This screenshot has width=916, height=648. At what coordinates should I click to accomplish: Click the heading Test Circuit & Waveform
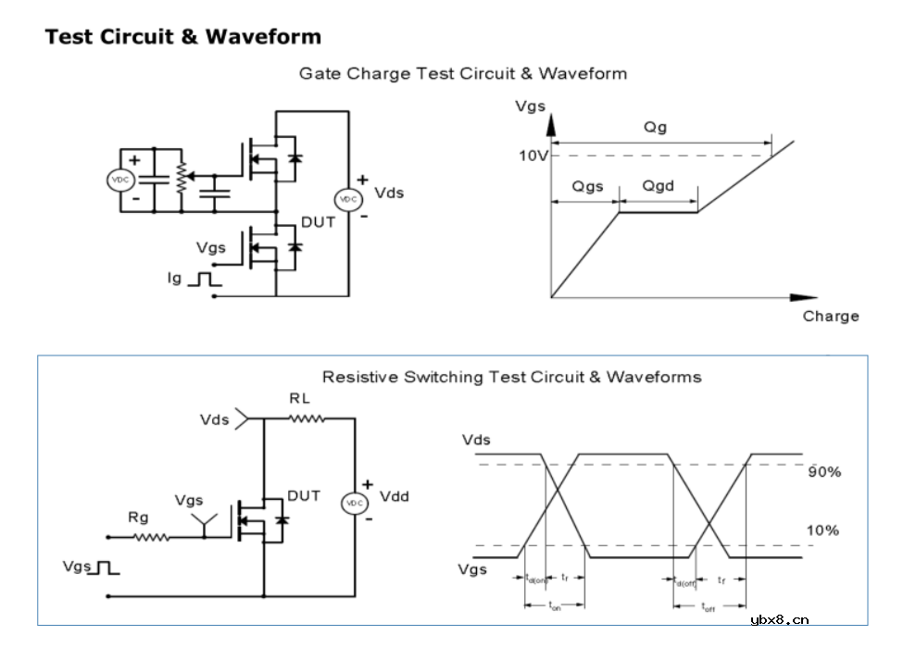tap(183, 37)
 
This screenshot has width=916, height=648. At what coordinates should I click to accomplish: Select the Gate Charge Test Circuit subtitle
tap(462, 73)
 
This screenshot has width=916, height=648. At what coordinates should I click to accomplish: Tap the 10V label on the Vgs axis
tap(533, 156)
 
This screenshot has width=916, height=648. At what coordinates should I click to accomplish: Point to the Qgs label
tap(587, 186)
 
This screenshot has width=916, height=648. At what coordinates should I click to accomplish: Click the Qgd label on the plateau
tap(659, 186)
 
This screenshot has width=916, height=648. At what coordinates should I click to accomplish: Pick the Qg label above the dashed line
tap(656, 127)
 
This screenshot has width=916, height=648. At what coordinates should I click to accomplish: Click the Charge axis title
tap(831, 316)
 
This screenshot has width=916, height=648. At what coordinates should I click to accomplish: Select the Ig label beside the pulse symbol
tap(175, 277)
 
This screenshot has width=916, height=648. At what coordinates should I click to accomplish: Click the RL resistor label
tap(299, 399)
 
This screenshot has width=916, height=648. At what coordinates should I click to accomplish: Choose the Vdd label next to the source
tap(394, 496)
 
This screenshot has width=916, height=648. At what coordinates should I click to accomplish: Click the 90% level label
tap(823, 471)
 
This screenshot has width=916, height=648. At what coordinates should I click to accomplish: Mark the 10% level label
tap(823, 530)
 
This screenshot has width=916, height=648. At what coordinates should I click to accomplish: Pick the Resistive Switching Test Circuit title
tap(511, 377)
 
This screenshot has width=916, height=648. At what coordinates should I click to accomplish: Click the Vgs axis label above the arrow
tap(531, 106)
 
